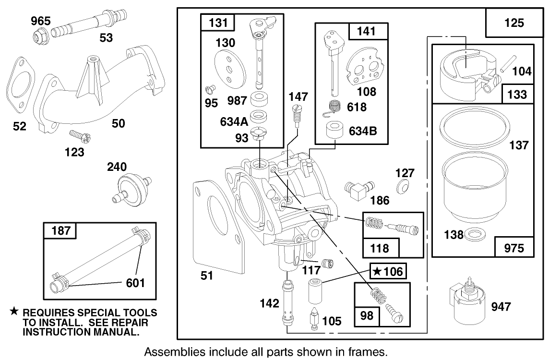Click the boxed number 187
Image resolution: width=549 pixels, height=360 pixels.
[x=60, y=231]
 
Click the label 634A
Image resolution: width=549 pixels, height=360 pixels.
[x=235, y=121]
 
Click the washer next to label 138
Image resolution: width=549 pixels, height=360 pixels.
[x=475, y=235]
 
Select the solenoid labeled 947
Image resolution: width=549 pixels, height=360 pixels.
[x=466, y=302]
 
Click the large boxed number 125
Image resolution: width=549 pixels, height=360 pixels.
[x=514, y=22]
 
